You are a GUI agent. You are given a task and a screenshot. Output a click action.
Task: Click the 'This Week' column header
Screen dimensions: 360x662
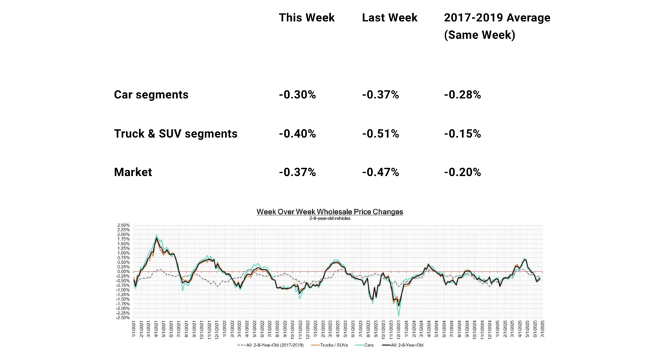click(x=306, y=17)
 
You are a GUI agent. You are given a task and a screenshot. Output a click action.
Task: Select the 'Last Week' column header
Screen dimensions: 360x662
click(x=389, y=17)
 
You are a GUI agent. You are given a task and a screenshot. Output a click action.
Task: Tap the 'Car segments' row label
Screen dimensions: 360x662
click(x=151, y=94)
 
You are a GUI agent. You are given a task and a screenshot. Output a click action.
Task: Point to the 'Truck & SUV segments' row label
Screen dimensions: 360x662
click(x=175, y=134)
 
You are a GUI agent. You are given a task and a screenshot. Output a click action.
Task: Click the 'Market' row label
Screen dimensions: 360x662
click(x=133, y=173)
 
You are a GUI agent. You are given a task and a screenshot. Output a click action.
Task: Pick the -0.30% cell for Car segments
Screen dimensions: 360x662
click(x=297, y=94)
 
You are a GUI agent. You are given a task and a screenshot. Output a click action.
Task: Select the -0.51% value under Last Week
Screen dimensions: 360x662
click(x=380, y=134)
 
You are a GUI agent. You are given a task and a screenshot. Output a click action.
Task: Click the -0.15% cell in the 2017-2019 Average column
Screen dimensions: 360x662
click(x=462, y=134)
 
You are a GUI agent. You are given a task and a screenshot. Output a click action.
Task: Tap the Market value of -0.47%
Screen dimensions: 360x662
click(x=380, y=173)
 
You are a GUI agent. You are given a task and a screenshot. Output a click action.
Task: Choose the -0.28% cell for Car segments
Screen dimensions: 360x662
click(x=462, y=94)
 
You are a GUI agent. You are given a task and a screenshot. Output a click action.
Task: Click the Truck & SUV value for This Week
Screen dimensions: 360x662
click(x=297, y=134)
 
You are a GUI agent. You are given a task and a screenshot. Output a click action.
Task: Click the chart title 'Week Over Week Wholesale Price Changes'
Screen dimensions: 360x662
click(x=330, y=211)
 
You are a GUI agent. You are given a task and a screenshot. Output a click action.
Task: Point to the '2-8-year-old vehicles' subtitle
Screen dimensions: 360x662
click(x=330, y=218)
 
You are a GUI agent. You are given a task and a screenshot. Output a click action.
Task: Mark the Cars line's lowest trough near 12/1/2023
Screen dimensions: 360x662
click(x=399, y=314)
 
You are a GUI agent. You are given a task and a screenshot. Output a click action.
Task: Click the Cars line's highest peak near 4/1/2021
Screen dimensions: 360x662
click(x=156, y=235)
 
